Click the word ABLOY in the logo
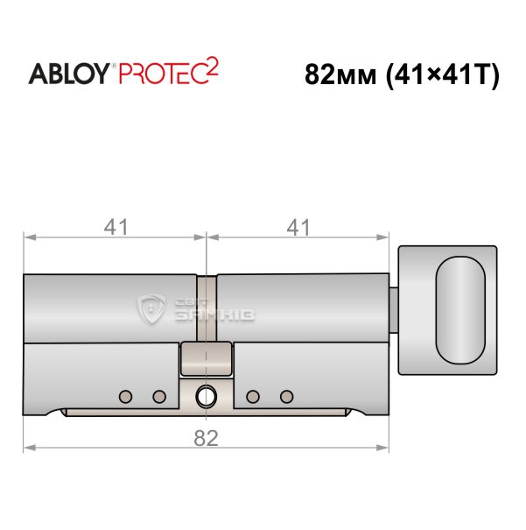point(69,74)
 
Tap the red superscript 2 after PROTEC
point(212,67)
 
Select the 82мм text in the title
point(340,74)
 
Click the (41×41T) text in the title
point(442,75)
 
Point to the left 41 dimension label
point(116,227)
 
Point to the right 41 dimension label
point(298,227)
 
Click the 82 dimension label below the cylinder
point(206,438)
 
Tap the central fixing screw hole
point(207,396)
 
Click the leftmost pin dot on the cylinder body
point(125,397)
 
